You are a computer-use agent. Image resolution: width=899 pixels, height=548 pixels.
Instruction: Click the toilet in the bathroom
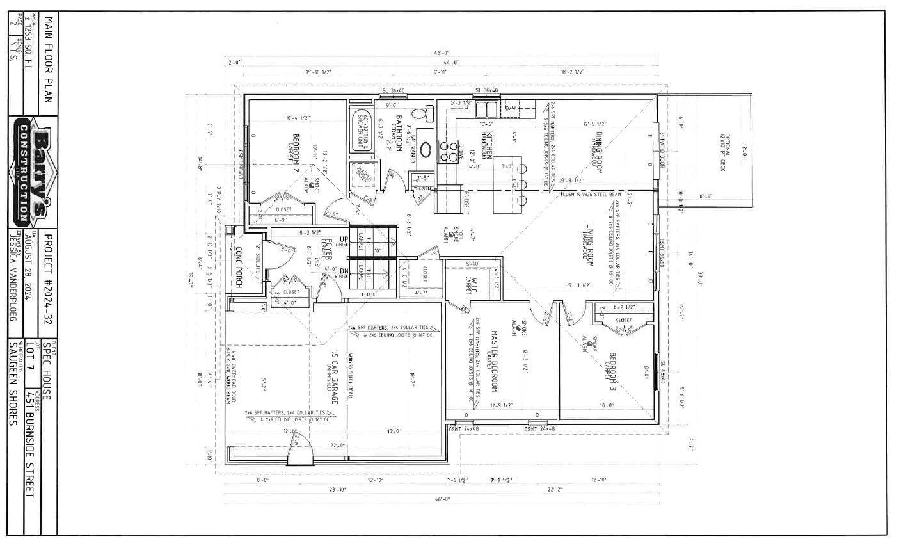418,114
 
